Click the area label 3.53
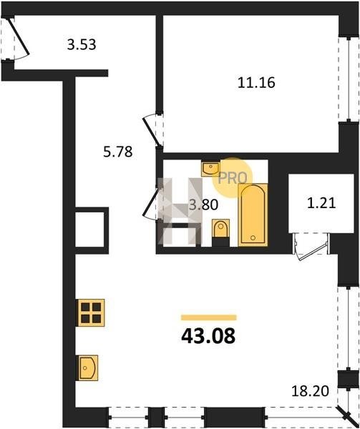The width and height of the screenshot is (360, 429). click(82, 44)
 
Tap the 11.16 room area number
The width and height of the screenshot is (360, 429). click(256, 83)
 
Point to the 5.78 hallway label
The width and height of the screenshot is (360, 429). click(117, 152)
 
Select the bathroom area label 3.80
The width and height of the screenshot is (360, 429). click(204, 204)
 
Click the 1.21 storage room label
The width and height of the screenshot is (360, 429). click(321, 203)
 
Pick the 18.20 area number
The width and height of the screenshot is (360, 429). click(310, 391)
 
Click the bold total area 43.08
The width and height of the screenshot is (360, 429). click(208, 336)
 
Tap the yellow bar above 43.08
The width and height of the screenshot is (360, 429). click(208, 317)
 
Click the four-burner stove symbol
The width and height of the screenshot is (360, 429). click(91, 312)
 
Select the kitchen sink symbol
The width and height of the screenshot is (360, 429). click(88, 368)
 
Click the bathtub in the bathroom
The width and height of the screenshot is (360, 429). click(253, 214)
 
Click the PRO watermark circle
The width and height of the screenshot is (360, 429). click(233, 178)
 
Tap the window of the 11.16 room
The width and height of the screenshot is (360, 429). click(349, 79)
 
